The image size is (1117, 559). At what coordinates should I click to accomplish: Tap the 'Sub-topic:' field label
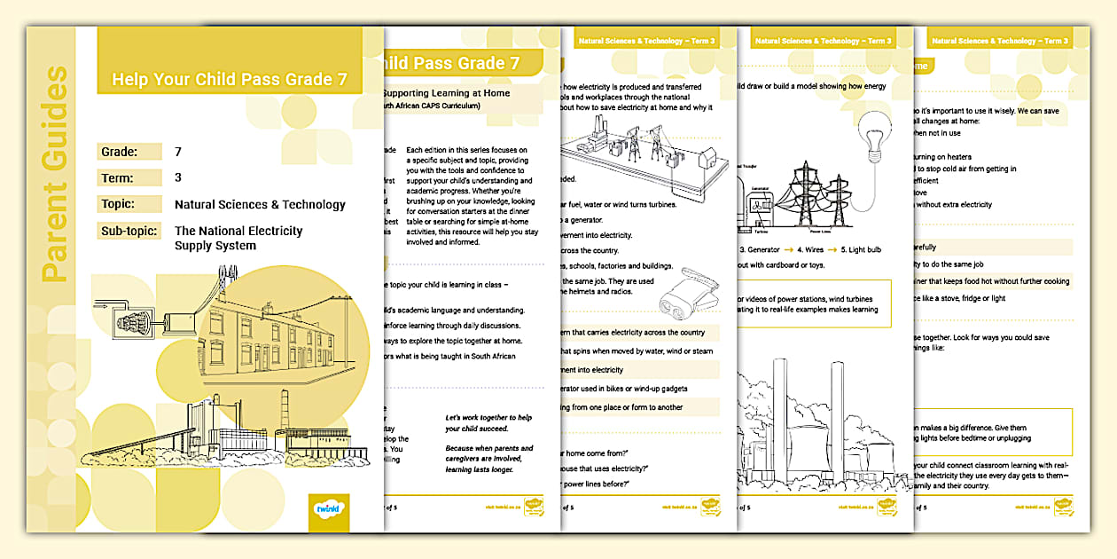click(x=129, y=231)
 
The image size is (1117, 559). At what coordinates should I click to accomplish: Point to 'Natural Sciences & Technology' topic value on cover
click(x=260, y=204)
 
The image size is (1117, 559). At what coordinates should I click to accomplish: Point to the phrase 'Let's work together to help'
click(x=489, y=418)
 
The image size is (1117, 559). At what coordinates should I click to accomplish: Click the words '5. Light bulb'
click(x=853, y=250)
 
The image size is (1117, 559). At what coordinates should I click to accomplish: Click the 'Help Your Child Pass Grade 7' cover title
click(x=230, y=79)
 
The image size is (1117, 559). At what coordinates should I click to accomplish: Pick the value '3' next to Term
click(x=178, y=177)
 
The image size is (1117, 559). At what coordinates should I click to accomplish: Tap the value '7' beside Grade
click(x=178, y=152)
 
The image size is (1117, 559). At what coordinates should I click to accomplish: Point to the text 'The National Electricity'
click(x=238, y=231)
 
